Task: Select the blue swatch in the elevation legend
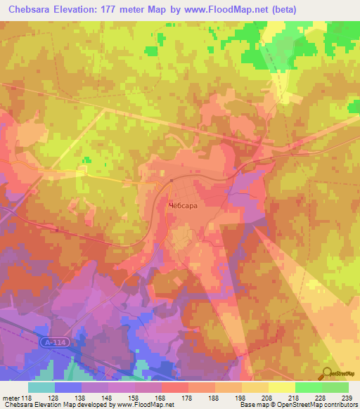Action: tap(67, 387)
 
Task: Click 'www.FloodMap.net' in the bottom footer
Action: tap(146, 405)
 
